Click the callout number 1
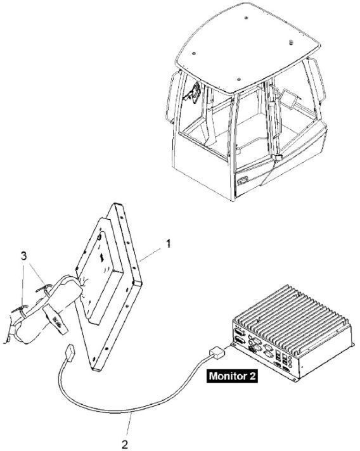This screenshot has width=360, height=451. pyautogui.click(x=168, y=244)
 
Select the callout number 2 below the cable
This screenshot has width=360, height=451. pyautogui.click(x=124, y=445)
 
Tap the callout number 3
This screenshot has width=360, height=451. pyautogui.click(x=24, y=256)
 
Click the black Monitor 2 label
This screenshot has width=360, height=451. pyautogui.click(x=232, y=376)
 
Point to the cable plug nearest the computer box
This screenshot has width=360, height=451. pyautogui.click(x=217, y=352)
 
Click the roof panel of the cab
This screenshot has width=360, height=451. pyautogui.click(x=247, y=48)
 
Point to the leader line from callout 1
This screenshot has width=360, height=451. pyautogui.click(x=150, y=255)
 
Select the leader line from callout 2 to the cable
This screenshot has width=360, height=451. pyautogui.click(x=129, y=426)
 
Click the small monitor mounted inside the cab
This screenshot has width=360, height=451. pyautogui.click(x=288, y=96)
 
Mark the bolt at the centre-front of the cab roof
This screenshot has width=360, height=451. pyautogui.click(x=238, y=79)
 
